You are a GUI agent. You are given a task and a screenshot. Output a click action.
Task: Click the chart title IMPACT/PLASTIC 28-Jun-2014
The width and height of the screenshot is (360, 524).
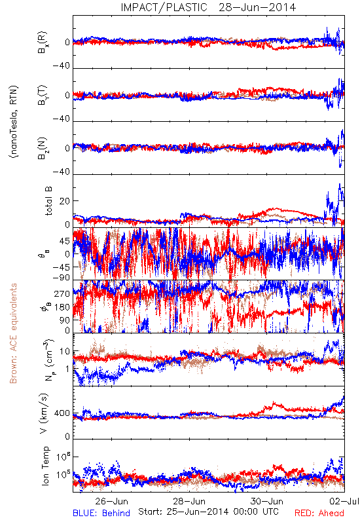(x=208, y=7)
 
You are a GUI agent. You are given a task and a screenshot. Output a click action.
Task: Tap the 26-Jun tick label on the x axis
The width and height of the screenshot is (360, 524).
(x=111, y=501)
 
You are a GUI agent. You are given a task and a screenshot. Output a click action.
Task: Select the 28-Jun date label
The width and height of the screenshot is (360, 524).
(x=189, y=501)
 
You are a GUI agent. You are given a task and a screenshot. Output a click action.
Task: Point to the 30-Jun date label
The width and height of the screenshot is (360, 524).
(x=267, y=501)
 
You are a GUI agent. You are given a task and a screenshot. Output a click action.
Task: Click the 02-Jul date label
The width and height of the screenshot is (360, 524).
(x=344, y=501)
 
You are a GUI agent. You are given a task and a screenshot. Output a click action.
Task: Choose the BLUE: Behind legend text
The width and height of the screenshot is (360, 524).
(x=101, y=513)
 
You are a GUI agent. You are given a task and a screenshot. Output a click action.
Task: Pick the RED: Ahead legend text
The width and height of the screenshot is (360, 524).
(x=319, y=513)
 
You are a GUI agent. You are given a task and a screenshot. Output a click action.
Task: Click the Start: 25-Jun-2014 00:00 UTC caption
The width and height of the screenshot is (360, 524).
(x=208, y=512)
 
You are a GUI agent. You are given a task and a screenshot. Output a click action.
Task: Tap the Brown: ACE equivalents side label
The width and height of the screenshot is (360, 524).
(x=13, y=333)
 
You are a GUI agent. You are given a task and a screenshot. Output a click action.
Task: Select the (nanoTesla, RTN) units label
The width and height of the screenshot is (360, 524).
(x=14, y=122)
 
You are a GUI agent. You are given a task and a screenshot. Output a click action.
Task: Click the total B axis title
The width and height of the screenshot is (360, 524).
(x=48, y=200)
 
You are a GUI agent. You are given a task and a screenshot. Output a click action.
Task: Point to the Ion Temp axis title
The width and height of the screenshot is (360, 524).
(x=45, y=466)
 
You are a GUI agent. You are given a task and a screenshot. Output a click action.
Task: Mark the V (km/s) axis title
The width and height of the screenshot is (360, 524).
(x=45, y=413)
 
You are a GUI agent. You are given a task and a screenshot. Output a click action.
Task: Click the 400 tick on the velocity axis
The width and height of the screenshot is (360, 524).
(x=62, y=413)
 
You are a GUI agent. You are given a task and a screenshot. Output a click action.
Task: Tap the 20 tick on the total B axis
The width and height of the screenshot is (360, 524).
(x=65, y=201)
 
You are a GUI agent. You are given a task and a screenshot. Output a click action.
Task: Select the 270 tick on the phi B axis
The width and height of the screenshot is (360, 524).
(x=62, y=293)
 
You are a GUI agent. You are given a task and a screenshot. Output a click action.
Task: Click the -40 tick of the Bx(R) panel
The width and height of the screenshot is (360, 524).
(x=62, y=66)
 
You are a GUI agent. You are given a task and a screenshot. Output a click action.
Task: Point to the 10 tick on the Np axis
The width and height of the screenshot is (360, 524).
(x=65, y=352)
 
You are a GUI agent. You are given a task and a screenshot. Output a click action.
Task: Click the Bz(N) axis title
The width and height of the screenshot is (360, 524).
(x=43, y=148)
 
